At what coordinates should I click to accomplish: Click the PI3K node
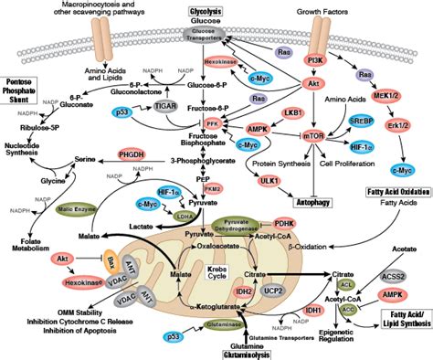(x=319, y=59)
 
